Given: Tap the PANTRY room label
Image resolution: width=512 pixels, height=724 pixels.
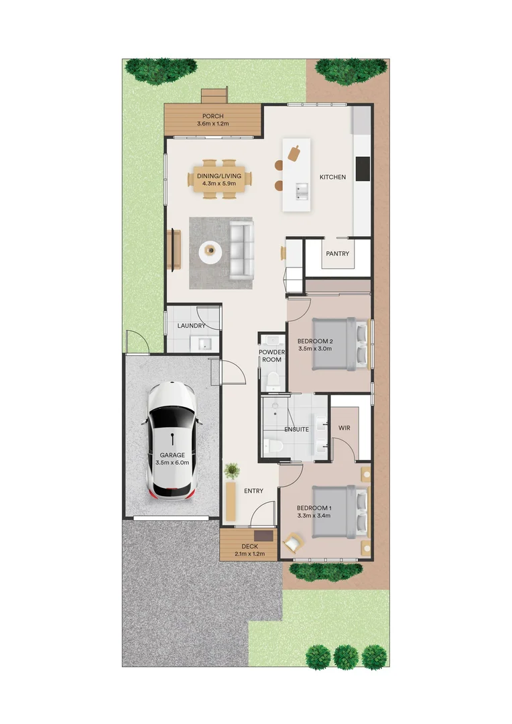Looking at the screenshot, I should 337,254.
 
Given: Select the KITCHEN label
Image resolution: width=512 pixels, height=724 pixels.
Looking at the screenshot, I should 332,177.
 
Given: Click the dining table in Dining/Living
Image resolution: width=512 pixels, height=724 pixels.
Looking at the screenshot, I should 219,179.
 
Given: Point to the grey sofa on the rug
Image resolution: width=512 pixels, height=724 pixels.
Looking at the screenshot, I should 242,251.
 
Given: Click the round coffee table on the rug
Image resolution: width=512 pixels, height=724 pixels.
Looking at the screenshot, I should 212,252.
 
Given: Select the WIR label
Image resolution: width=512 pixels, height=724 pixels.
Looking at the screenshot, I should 344,428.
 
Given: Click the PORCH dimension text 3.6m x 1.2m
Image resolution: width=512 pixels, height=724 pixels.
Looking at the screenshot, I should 213,124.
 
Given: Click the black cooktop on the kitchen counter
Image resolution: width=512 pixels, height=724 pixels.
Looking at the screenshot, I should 363,168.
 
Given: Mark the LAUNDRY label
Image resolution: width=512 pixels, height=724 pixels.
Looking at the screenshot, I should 192,326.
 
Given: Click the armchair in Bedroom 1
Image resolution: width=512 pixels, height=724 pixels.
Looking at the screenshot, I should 293,541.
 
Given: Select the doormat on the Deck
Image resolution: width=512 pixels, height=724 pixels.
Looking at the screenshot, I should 266,536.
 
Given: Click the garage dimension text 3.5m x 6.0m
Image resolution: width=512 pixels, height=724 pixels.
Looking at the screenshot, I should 172,463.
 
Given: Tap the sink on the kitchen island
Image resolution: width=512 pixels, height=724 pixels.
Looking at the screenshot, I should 300,192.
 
